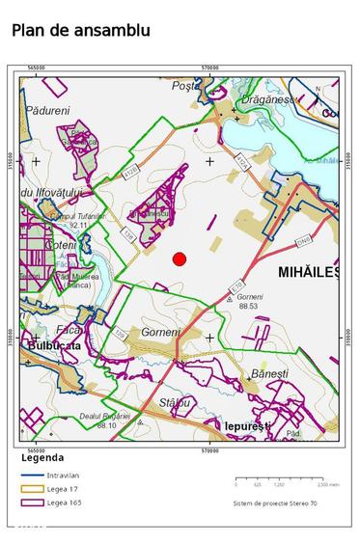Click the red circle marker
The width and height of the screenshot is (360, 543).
179,258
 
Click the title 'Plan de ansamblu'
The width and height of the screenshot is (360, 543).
81,30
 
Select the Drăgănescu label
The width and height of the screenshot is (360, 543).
268,99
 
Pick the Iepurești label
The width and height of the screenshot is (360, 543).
249,425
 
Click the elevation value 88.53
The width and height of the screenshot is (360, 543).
248,306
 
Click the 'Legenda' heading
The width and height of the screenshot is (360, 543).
42,458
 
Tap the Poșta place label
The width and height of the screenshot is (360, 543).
183,86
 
